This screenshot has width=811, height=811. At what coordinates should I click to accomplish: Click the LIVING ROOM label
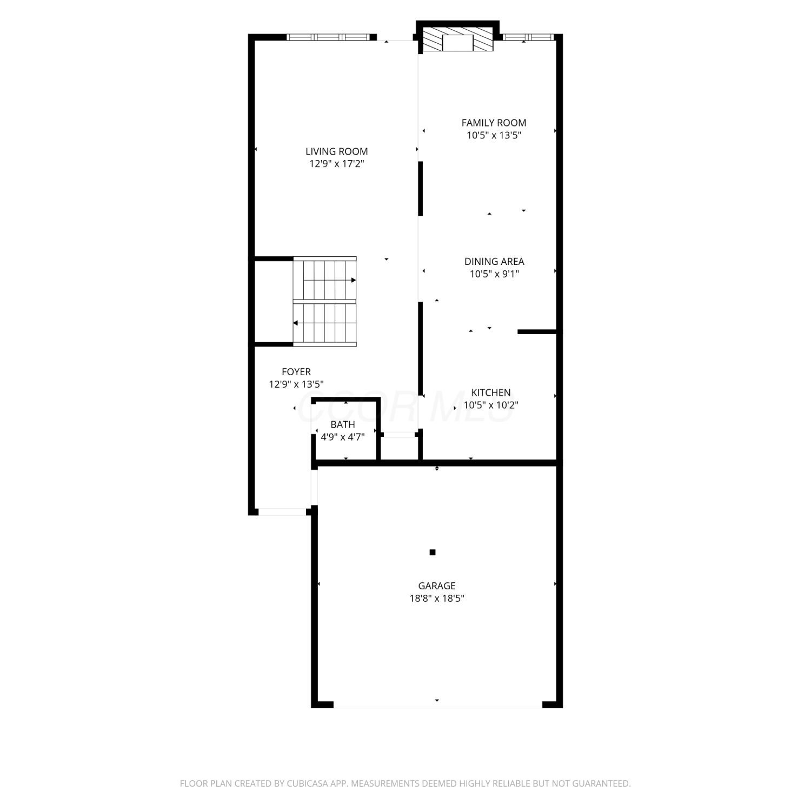[x=336, y=152]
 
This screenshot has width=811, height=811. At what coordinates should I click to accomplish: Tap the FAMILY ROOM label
[x=494, y=123]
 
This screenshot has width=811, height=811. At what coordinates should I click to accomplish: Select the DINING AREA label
[x=494, y=262]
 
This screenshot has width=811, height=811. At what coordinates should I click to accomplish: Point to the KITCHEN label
[x=491, y=393]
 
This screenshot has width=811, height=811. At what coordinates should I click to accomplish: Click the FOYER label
[x=296, y=372]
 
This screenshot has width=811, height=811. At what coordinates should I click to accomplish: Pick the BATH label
[x=343, y=425]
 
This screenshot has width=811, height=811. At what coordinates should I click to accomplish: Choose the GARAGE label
[x=437, y=586]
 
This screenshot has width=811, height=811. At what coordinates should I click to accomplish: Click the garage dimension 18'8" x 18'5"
[x=437, y=599]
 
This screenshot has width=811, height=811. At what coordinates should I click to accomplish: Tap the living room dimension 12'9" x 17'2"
[x=336, y=164]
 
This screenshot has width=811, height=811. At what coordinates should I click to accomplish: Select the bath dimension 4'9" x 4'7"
[x=343, y=437]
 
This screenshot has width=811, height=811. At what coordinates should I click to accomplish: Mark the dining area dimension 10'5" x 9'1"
[x=494, y=274]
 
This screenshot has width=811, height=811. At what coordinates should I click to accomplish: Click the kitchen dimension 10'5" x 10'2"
[x=491, y=405]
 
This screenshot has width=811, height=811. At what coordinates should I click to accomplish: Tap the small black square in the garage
[x=433, y=552]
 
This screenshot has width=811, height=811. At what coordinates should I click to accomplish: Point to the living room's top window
[x=328, y=37]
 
